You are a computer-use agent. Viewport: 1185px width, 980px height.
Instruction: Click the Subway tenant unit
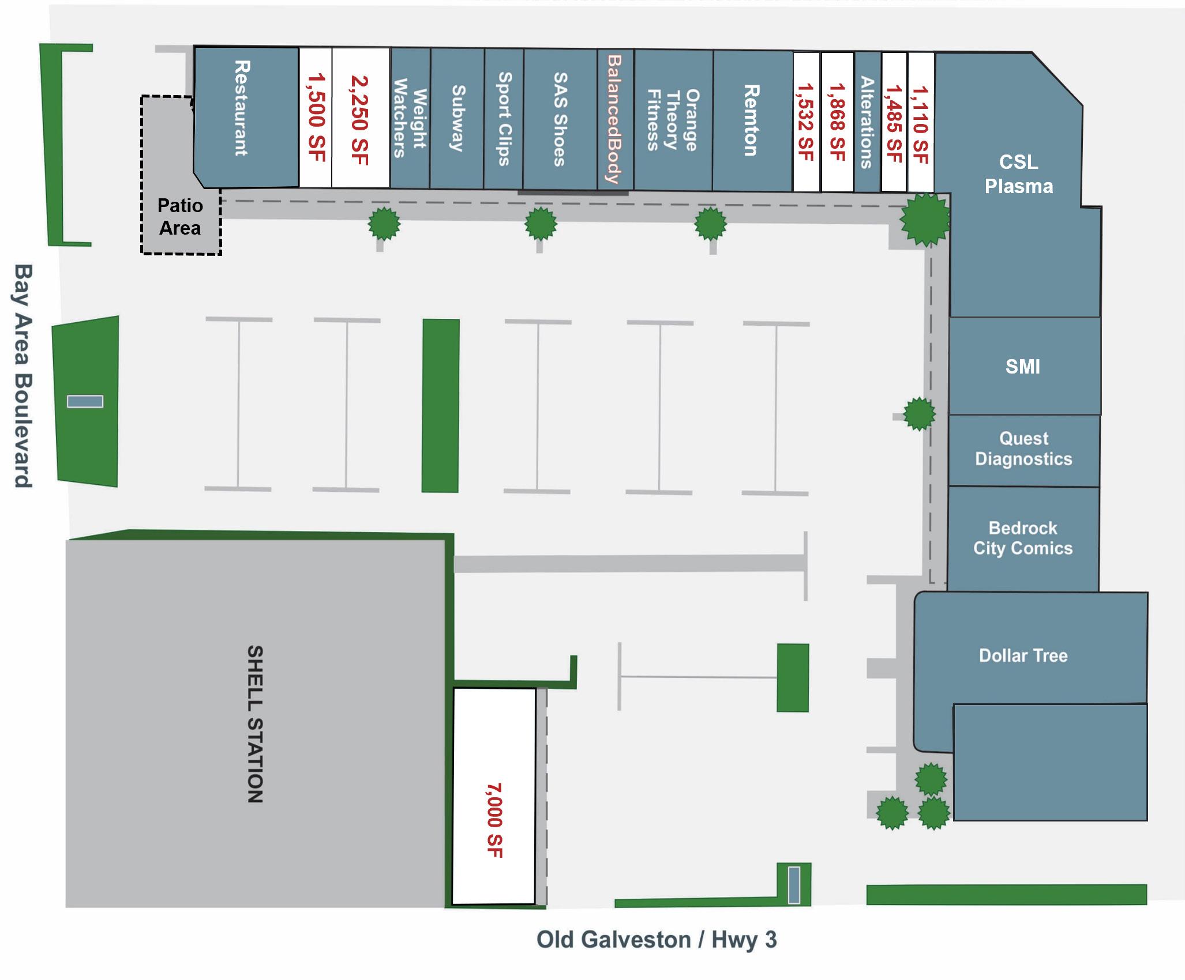(x=457, y=118)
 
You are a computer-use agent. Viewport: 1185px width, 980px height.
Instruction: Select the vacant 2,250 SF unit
(x=360, y=118)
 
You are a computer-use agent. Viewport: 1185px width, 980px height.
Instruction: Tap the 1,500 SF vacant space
(x=316, y=118)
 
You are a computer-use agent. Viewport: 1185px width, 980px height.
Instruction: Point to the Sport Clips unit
(x=504, y=118)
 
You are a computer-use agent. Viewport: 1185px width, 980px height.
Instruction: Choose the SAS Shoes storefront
(x=560, y=119)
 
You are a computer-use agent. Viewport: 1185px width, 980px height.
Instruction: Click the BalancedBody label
(x=615, y=119)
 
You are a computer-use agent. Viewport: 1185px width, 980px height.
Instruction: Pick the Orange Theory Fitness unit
(x=673, y=119)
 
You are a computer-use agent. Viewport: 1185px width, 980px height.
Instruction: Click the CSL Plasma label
(x=1018, y=174)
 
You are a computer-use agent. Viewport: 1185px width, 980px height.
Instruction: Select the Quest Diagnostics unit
(x=1023, y=449)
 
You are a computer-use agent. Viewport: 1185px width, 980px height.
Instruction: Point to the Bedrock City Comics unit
(x=1023, y=538)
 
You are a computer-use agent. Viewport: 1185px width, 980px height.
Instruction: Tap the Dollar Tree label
(x=1023, y=655)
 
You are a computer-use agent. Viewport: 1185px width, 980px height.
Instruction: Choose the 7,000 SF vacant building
(x=494, y=796)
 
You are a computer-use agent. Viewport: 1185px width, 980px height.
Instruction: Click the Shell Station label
(x=255, y=723)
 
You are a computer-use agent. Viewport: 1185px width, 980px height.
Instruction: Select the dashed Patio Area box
(x=181, y=217)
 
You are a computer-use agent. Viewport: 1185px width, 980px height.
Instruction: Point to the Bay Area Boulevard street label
(x=22, y=376)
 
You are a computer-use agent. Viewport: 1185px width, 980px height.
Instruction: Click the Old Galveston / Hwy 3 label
(x=657, y=940)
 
